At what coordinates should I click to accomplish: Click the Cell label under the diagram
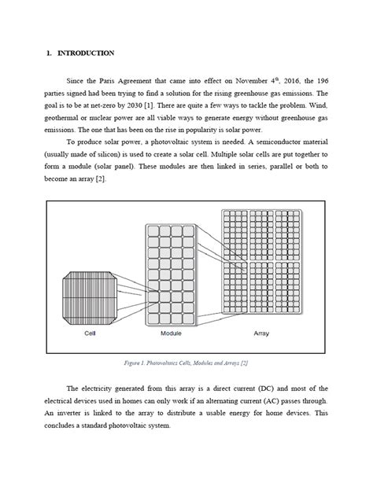click(x=90, y=333)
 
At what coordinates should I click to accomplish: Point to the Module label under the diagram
click(x=172, y=333)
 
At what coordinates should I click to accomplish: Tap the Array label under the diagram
click(x=262, y=333)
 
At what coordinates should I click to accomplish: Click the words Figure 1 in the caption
click(x=140, y=364)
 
